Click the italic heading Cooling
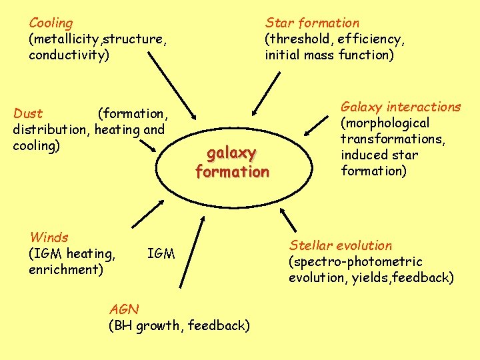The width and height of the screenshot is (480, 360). click(x=51, y=23)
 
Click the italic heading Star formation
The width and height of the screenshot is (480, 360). click(x=312, y=23)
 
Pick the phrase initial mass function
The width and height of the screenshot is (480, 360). click(x=329, y=55)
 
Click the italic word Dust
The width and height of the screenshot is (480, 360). click(x=28, y=113)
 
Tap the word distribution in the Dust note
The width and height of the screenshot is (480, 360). click(x=50, y=129)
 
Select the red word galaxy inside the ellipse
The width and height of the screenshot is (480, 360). click(x=231, y=154)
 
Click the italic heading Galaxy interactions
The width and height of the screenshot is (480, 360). click(x=401, y=107)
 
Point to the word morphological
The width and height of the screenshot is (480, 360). click(x=385, y=123)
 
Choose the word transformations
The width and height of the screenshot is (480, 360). click(x=393, y=139)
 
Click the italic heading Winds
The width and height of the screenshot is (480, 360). click(x=49, y=237)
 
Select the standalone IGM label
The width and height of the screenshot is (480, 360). click(x=161, y=253)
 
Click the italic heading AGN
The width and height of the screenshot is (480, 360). click(x=123, y=309)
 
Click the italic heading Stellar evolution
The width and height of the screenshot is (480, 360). click(x=340, y=245)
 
